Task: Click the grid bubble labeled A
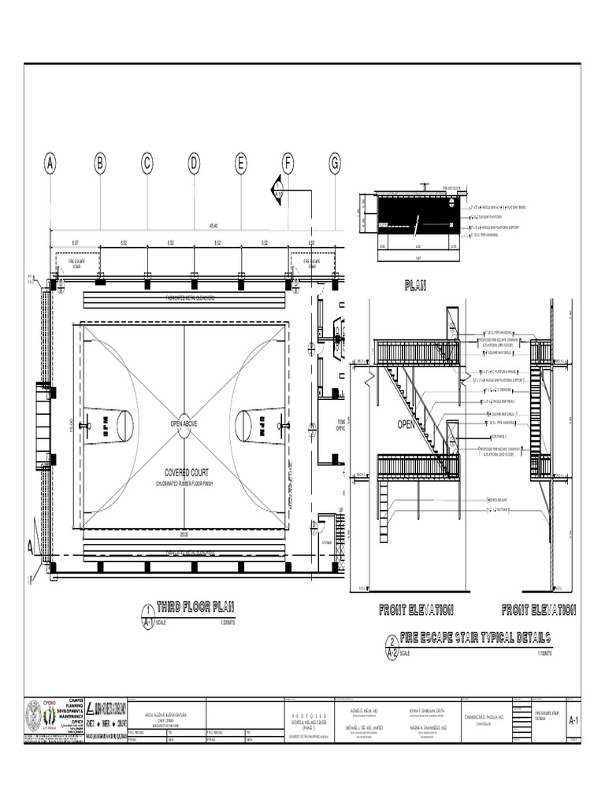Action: coord(50,164)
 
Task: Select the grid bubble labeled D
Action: coord(194,164)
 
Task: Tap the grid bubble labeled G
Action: coord(335,164)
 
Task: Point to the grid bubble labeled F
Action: coord(288,164)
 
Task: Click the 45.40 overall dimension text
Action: coord(213,226)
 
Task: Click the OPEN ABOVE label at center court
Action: coord(184,423)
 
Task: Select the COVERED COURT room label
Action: coord(184,472)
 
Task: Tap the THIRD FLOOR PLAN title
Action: coord(195,607)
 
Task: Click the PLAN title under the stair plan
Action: coord(414,286)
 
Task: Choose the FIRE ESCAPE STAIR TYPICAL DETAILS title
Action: coord(475,638)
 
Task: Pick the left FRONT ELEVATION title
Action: coord(415,610)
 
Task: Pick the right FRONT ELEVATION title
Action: coord(539,610)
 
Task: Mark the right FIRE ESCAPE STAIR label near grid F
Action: coord(311,263)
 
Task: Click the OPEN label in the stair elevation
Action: coord(406,424)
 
